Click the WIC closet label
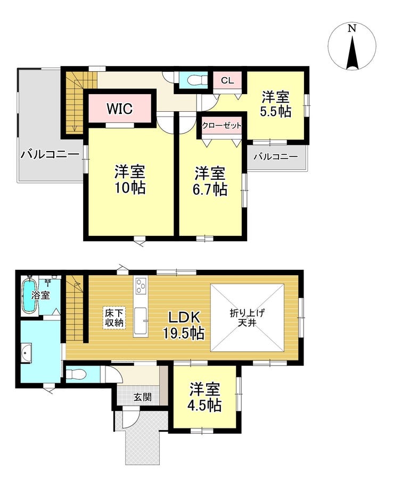pyautogui.click(x=120, y=109)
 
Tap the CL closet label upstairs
pyautogui.click(x=227, y=80)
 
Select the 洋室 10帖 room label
pyautogui.click(x=130, y=179)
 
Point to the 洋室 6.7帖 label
pyautogui.click(x=210, y=181)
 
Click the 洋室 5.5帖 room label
pyautogui.click(x=276, y=104)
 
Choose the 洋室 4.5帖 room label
pyautogui.click(x=206, y=397)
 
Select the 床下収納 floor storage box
pyautogui.click(x=114, y=317)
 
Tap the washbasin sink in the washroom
pyautogui.click(x=27, y=353)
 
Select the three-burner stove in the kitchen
pyautogui.click(x=141, y=285)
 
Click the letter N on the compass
pyautogui.click(x=351, y=29)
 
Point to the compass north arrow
pyautogui.click(x=352, y=53)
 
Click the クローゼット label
pyautogui.click(x=222, y=126)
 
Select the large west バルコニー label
pyautogui.click(x=50, y=154)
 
